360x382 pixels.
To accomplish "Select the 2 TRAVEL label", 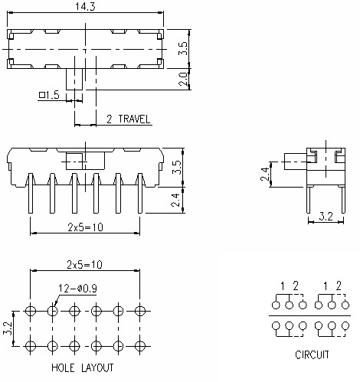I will [128, 119].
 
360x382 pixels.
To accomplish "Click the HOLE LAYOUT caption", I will [83, 368].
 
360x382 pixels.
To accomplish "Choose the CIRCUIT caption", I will [311, 354].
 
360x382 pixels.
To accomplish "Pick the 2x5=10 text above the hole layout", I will [85, 264].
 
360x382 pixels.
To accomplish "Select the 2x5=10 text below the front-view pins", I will [84, 227].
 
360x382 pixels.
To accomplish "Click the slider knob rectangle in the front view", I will [75, 162].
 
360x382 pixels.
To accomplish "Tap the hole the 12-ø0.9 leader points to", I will [52, 311].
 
